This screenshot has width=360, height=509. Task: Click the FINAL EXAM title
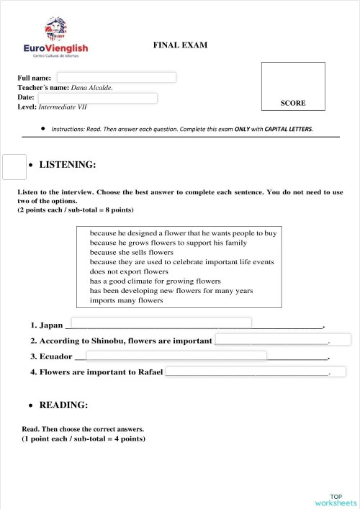pyautogui.click(x=180, y=45)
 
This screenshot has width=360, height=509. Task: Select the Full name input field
pyautogui.click(x=116, y=78)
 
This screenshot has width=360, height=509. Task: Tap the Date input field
pyautogui.click(x=97, y=98)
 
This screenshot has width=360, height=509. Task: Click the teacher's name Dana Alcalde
pyautogui.click(x=91, y=88)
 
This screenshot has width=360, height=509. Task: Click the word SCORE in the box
pyautogui.click(x=293, y=103)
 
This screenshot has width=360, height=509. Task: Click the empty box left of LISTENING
pyautogui.click(x=14, y=166)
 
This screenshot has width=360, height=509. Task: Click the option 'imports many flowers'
pyautogui.click(x=126, y=300)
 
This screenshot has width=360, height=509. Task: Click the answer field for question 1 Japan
pyautogui.click(x=160, y=323)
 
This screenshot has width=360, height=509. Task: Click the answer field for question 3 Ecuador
pyautogui.click(x=176, y=356)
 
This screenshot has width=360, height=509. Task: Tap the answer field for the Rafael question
pyautogui.click(x=256, y=372)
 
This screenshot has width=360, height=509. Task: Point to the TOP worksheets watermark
pyautogui.click(x=336, y=499)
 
